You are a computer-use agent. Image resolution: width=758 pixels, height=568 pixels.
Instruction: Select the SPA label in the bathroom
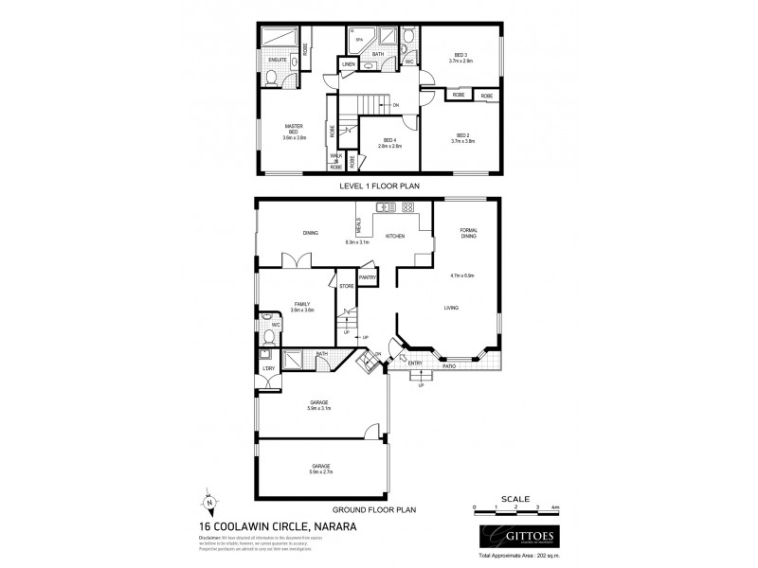coord(358,39)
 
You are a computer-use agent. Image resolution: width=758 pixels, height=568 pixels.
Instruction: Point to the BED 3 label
coord(460,55)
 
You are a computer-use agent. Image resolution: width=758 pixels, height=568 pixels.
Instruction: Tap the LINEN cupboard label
coord(348,64)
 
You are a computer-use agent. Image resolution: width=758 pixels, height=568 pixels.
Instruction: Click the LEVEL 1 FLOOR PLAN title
coord(379,186)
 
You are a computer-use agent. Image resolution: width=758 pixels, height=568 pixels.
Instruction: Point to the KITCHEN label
coord(395,235)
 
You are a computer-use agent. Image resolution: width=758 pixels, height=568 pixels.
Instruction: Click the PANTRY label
coord(368,276)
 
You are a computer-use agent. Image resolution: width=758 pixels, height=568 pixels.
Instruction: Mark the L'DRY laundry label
coord(269,366)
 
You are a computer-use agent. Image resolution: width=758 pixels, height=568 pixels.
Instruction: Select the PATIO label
coord(463,364)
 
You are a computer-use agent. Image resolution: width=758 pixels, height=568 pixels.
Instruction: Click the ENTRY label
coord(415,362)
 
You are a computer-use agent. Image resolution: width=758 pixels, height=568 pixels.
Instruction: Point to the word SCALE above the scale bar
coord(515,497)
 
